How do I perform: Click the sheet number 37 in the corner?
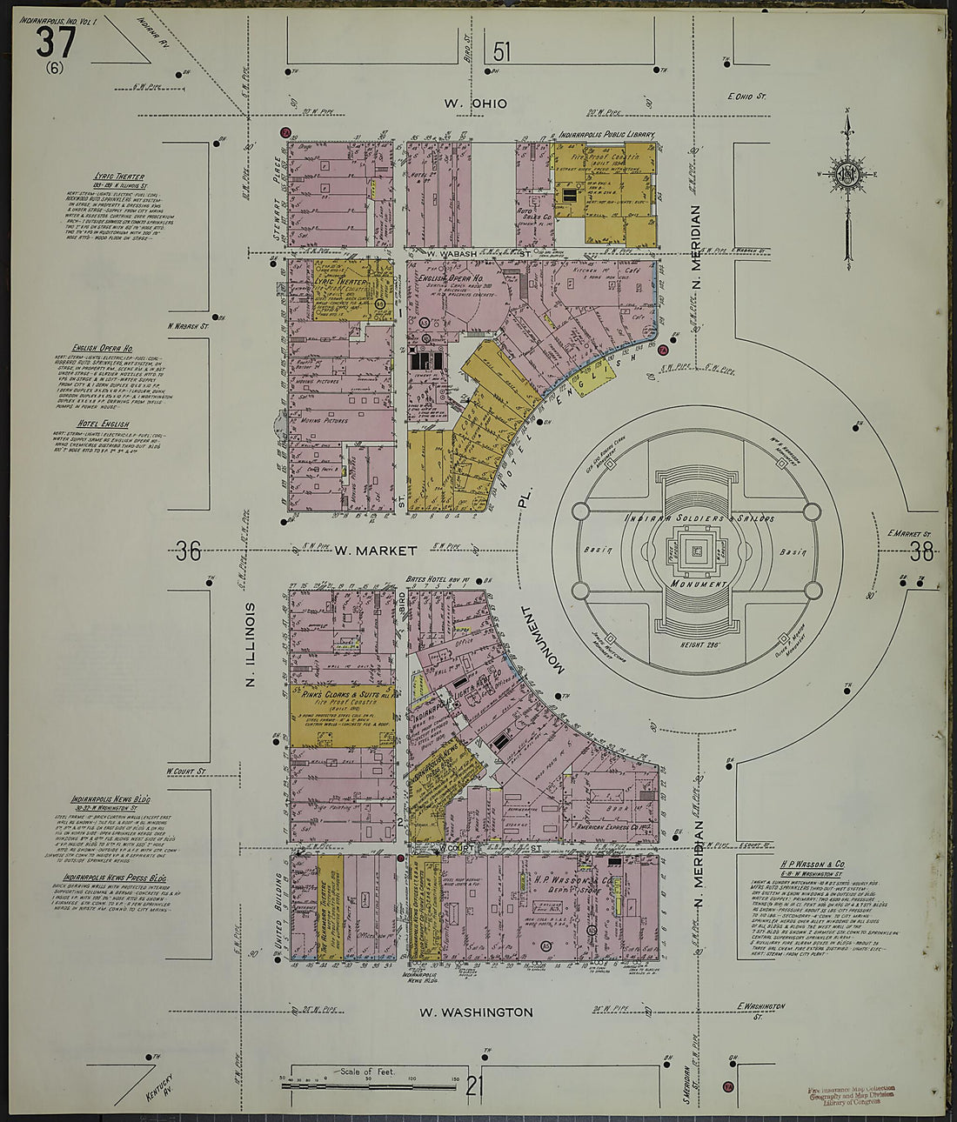click(x=57, y=42)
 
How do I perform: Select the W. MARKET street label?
click(x=364, y=550)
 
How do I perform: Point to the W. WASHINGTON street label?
click(x=475, y=1012)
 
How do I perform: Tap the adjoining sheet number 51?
click(x=501, y=52)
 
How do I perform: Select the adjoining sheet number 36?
click(x=188, y=551)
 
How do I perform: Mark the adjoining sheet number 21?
click(x=475, y=1085)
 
